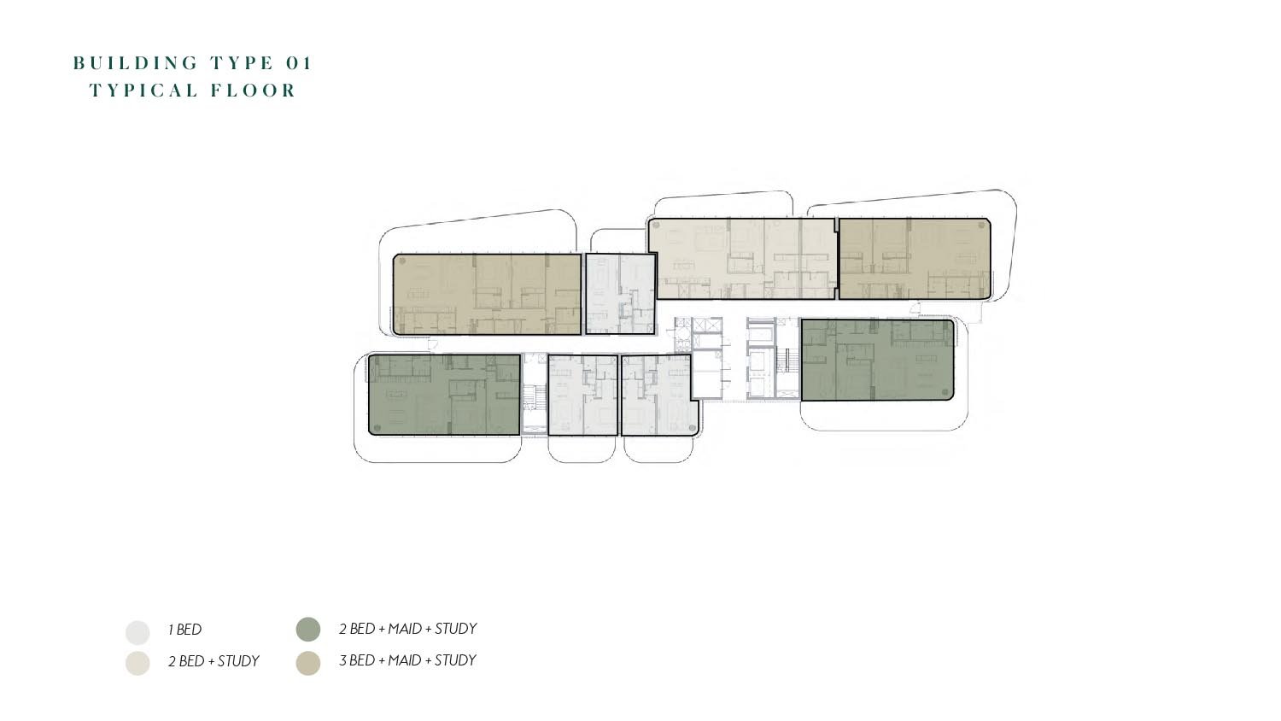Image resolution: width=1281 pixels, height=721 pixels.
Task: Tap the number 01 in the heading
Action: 299,63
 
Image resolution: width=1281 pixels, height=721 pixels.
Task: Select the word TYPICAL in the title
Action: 144,91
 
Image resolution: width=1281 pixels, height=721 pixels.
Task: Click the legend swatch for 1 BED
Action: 137,632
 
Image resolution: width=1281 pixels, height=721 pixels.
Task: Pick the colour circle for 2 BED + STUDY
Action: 137,663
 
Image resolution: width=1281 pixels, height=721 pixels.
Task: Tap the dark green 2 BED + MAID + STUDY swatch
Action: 308,630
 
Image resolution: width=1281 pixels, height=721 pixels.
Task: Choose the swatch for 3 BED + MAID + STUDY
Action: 308,663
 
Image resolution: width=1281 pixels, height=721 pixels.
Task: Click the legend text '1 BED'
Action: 184,630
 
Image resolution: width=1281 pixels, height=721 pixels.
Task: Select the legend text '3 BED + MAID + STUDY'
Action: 407,660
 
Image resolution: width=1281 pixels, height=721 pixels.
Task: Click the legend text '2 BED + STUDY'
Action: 213,661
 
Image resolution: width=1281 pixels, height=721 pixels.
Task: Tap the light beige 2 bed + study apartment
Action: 742,259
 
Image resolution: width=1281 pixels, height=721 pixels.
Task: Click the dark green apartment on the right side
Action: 877,360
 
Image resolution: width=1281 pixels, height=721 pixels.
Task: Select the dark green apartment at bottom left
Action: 444,395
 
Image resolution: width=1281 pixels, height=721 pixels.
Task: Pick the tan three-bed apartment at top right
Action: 914,259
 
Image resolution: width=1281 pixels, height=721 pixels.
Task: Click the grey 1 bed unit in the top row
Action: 621,294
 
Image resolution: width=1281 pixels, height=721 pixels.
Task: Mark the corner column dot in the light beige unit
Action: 657,226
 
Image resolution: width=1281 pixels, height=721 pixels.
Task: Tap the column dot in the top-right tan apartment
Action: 983,225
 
